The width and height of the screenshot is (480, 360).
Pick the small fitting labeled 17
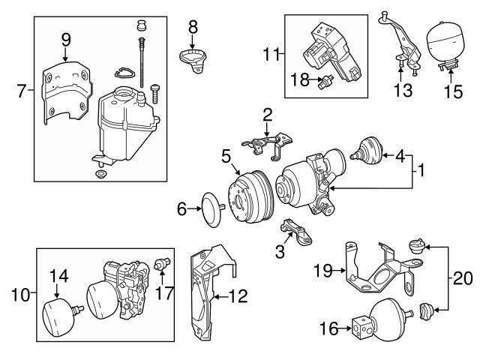(160, 263)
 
